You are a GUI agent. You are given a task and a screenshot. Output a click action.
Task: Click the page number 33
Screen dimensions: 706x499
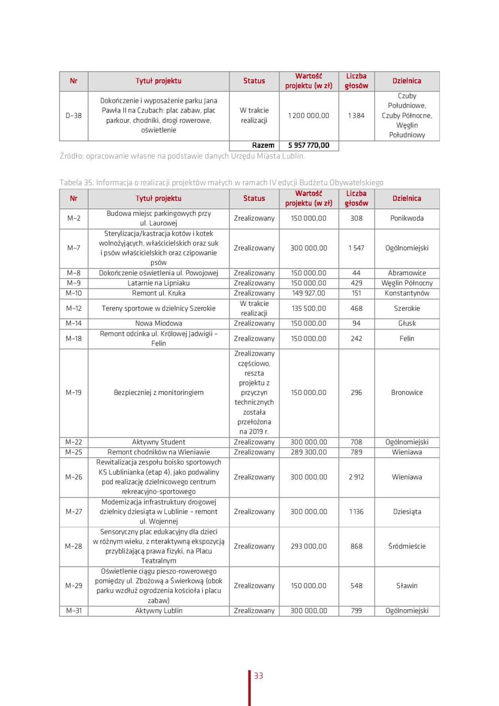(x=259, y=675)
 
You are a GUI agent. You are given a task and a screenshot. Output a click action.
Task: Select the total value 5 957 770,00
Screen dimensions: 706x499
(x=309, y=145)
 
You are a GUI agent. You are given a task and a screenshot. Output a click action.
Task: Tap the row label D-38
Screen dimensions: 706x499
(x=74, y=116)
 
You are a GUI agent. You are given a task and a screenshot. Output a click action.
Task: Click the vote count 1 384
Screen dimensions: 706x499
(x=356, y=116)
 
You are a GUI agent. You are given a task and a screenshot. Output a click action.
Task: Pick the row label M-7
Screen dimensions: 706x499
(x=74, y=248)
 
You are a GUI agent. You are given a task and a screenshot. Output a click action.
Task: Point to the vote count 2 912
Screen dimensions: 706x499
(x=356, y=477)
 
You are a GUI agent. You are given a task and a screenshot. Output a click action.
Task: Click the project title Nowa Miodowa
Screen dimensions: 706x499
(x=158, y=323)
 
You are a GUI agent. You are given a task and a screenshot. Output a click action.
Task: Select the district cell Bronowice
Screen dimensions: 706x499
(x=407, y=393)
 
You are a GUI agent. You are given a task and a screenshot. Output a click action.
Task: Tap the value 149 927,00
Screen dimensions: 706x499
(x=309, y=293)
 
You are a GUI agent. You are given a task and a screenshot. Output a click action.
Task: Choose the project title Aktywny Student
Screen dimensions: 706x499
(x=158, y=442)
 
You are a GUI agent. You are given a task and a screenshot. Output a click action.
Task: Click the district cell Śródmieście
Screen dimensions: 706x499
(x=407, y=546)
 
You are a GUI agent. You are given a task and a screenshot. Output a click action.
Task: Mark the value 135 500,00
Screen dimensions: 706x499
(x=309, y=308)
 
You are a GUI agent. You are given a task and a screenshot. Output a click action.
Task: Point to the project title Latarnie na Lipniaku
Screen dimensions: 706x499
(x=158, y=283)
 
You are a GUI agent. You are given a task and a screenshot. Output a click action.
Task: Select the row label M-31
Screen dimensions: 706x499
(x=74, y=611)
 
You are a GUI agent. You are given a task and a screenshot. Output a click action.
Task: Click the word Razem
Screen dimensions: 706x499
(x=263, y=145)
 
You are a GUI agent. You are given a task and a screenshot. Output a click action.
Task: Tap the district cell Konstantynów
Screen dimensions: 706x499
(x=407, y=293)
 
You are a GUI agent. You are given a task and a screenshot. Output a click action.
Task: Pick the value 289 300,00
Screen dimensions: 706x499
(x=309, y=452)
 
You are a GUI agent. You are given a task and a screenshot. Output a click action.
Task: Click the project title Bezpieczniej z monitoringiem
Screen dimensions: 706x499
(x=158, y=393)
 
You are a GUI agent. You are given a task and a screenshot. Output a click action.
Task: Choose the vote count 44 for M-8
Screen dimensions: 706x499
(x=356, y=273)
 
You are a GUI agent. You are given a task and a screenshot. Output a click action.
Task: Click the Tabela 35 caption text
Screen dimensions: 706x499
(x=221, y=183)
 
